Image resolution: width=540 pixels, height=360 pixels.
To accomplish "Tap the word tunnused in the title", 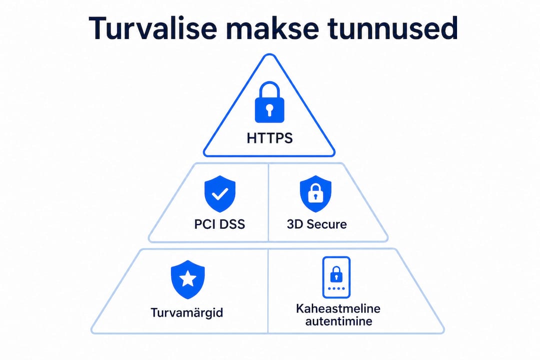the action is point(392,28).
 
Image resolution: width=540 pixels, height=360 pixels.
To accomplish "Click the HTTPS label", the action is point(269,138).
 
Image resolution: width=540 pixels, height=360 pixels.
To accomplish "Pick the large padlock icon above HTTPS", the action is point(269,102).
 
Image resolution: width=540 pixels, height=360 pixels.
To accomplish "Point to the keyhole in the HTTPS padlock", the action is point(269,109).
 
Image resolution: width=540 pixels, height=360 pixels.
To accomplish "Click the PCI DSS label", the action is point(219,224).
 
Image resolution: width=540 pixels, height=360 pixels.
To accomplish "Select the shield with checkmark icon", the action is point(220,193).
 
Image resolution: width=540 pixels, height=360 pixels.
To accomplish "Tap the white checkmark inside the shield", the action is point(219,193).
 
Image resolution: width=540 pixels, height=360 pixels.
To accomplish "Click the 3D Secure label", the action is point(317,224).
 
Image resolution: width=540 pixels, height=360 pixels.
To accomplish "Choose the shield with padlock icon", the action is point(315,193).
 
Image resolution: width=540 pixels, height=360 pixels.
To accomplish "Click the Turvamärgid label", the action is point(186,313).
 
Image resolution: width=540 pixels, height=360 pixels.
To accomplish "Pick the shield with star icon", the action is point(187,279).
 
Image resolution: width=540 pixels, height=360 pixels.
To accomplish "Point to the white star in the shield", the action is point(187,278).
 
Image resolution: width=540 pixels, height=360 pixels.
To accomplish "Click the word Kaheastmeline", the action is point(338,308).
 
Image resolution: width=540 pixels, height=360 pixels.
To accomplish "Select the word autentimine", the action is point(338,321).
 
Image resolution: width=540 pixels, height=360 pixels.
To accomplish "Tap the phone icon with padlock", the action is point(336,277).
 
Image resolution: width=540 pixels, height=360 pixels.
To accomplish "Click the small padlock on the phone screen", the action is point(336,274).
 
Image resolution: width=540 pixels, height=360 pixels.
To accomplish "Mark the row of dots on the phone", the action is point(336,288).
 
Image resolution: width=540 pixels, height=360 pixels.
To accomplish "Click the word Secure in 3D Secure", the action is point(326,224).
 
